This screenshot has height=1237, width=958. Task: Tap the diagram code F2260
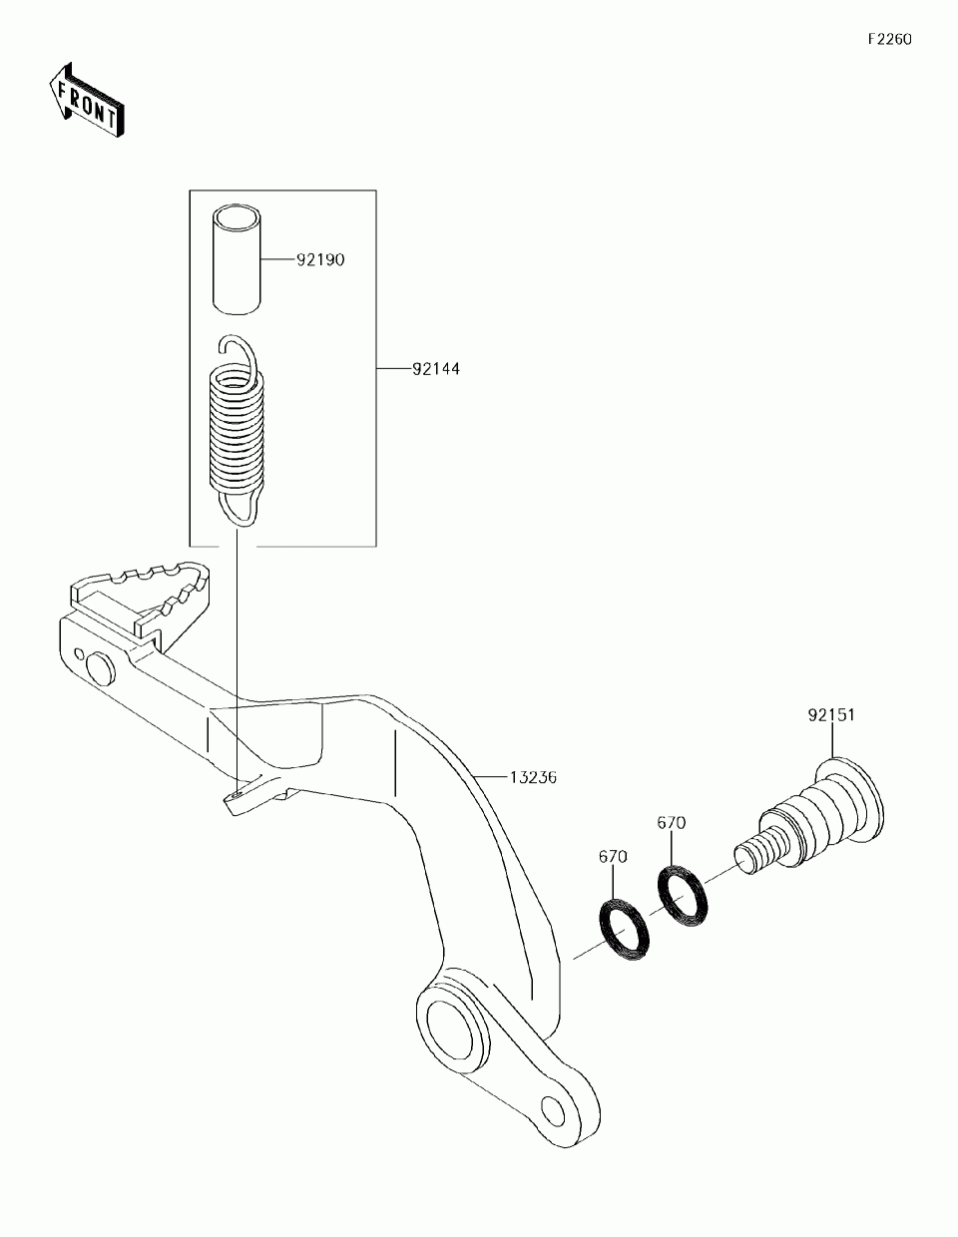click(888, 40)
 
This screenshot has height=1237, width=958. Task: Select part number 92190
click(319, 260)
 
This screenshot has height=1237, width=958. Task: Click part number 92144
click(436, 369)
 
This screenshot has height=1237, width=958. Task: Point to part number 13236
click(531, 776)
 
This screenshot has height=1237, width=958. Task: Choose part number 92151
click(832, 715)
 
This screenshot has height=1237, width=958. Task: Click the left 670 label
click(613, 857)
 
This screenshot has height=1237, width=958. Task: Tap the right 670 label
click(671, 823)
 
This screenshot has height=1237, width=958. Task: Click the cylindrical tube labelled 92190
click(239, 258)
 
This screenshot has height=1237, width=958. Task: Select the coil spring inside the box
click(239, 429)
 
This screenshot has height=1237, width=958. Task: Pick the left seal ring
click(624, 931)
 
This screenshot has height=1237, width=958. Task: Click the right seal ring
click(684, 895)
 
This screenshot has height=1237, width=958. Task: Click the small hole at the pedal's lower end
click(552, 1109)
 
